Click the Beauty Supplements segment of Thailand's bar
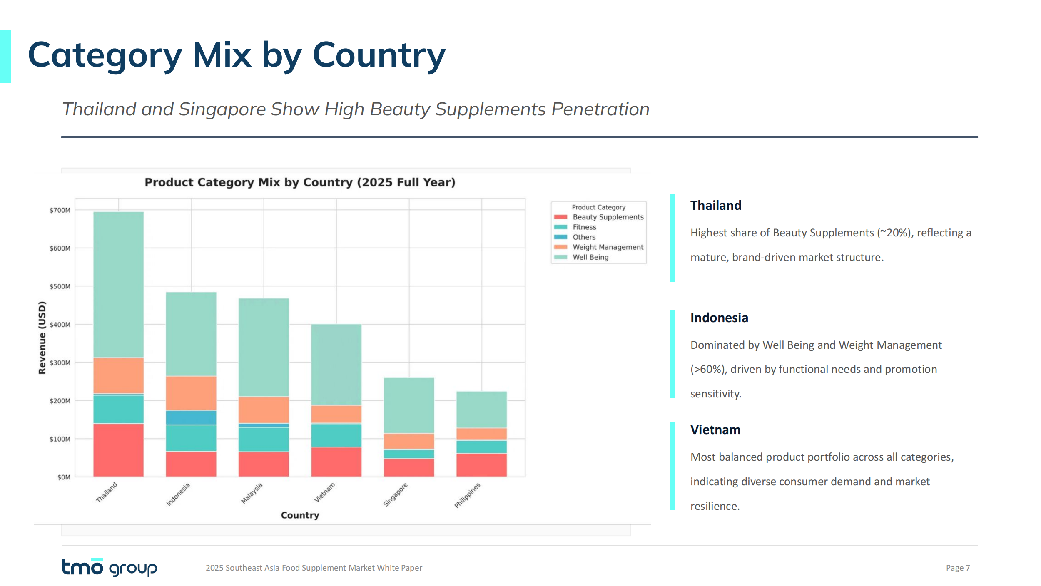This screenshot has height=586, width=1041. (x=118, y=450)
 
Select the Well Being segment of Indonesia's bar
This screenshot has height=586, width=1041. (x=191, y=334)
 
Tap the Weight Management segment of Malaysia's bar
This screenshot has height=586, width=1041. (x=264, y=410)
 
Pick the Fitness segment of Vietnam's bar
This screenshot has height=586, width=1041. (x=336, y=435)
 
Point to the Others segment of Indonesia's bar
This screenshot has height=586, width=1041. (x=191, y=417)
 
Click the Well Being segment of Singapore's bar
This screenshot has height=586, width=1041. (x=409, y=405)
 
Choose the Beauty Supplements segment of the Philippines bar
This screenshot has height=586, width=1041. (x=482, y=465)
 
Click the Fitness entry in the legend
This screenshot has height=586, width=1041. (x=584, y=227)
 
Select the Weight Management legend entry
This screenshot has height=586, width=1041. (x=608, y=247)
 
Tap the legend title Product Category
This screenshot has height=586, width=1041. (x=598, y=207)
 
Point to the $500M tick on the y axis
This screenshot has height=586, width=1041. (x=60, y=286)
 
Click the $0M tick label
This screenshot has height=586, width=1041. (x=64, y=477)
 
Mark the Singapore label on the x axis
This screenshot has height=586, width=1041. (x=396, y=494)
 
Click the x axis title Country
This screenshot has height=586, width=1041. (x=300, y=515)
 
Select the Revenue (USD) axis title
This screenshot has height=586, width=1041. (x=42, y=338)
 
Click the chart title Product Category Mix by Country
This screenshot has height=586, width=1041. (x=300, y=182)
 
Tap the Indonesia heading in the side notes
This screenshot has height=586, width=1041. (x=719, y=318)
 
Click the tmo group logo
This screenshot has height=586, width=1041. (x=110, y=567)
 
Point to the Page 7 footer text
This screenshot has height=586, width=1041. (x=958, y=568)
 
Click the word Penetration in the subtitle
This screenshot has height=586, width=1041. (x=600, y=109)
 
